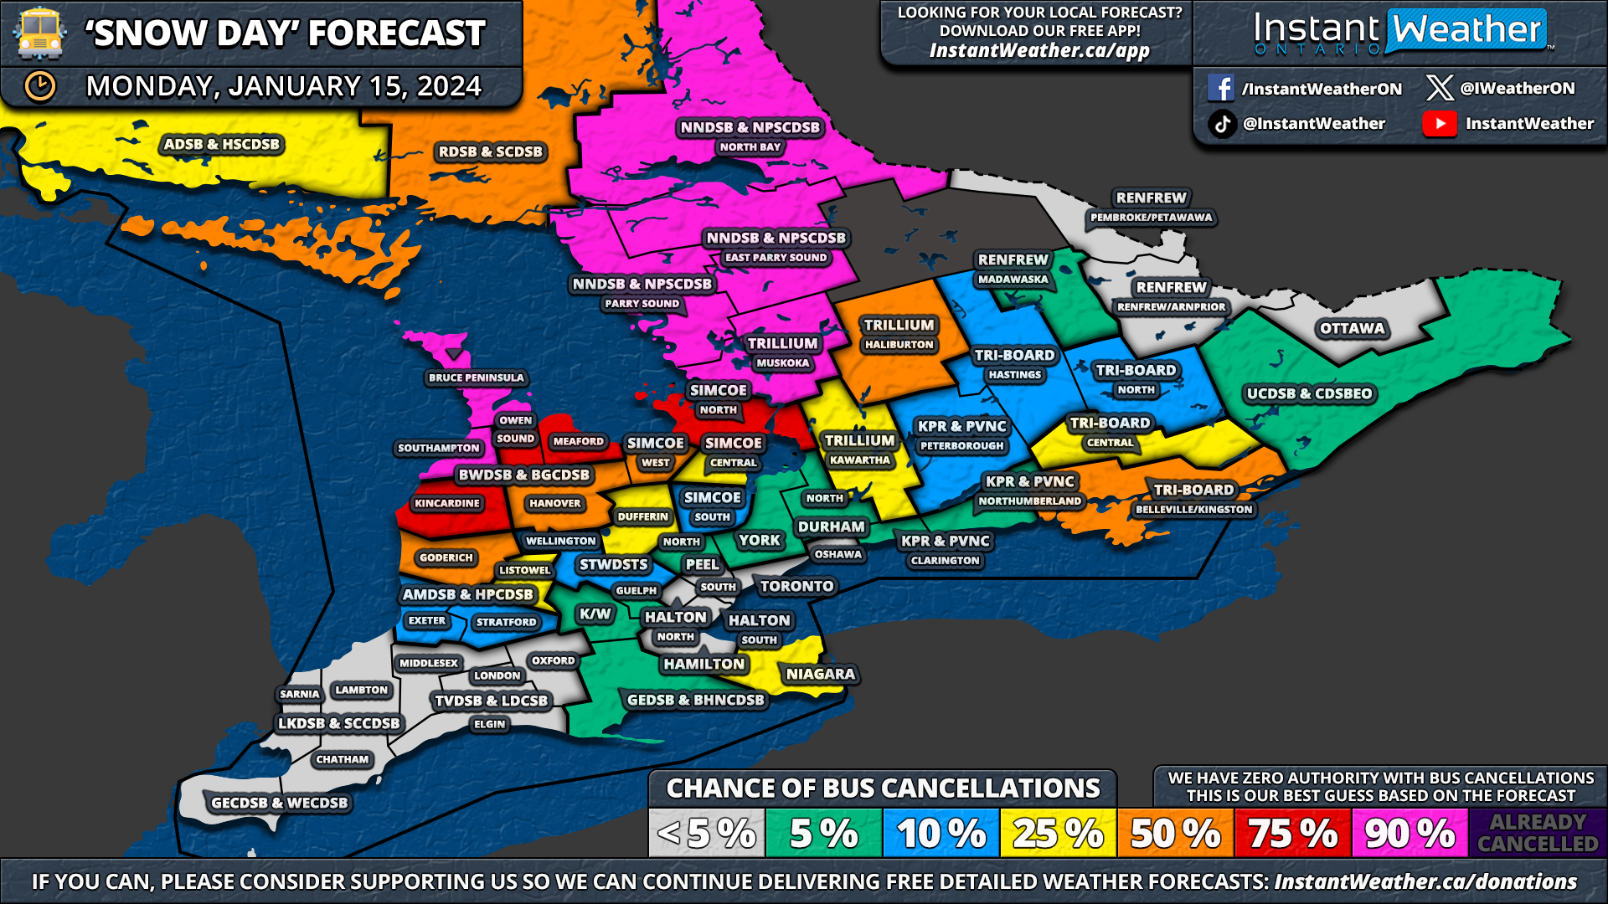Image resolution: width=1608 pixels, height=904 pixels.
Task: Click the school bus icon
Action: tap(39, 33)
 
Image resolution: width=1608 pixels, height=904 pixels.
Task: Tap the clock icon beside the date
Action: tap(39, 86)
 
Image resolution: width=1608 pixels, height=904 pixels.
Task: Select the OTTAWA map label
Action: tap(1352, 329)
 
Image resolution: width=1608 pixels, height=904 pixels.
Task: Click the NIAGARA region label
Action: tap(820, 674)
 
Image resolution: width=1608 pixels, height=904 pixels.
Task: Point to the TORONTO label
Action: tap(796, 587)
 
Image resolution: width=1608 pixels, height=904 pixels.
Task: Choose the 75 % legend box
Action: tap(1292, 833)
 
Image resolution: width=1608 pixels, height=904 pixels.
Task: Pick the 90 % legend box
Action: tap(1409, 833)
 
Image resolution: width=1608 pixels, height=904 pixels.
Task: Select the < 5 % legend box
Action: tap(707, 833)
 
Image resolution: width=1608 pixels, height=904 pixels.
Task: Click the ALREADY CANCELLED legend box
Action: tap(1538, 833)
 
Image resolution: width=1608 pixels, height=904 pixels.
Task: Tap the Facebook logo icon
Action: tap(1220, 88)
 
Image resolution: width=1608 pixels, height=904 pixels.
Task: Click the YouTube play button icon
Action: tap(1439, 124)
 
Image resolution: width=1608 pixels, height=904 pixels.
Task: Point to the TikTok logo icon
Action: tap(1222, 124)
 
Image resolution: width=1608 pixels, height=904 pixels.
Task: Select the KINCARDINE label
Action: tap(447, 504)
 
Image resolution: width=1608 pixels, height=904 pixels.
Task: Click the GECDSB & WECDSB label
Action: tap(279, 803)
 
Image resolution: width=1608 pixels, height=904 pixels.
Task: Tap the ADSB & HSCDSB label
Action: tap(221, 144)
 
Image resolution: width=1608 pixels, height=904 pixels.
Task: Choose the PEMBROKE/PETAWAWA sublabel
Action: tap(1151, 218)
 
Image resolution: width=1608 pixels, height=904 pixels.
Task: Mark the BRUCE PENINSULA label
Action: tap(476, 378)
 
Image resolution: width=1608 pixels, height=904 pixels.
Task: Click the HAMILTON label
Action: tap(703, 664)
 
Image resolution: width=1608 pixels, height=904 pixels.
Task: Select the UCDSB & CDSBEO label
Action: tap(1309, 393)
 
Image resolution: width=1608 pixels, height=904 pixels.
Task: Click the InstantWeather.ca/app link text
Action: tap(1039, 51)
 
